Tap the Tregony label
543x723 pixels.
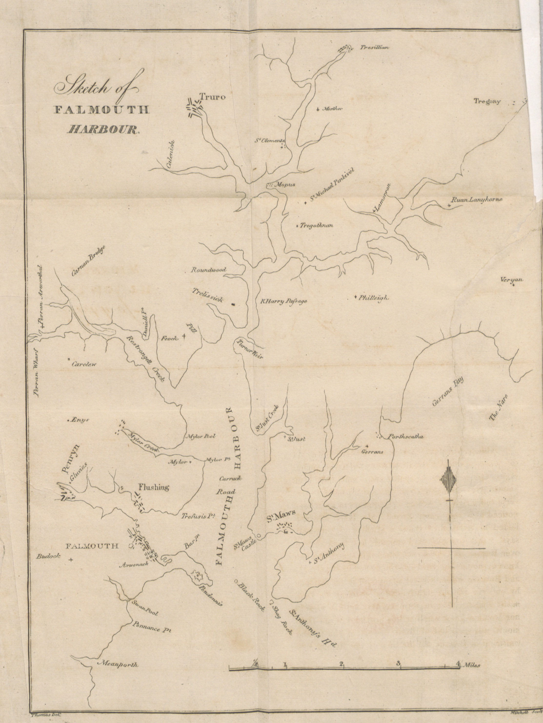pyautogui.click(x=487, y=101)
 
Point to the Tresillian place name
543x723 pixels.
pyautogui.click(x=374, y=47)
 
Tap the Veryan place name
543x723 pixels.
pyautogui.click(x=512, y=280)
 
